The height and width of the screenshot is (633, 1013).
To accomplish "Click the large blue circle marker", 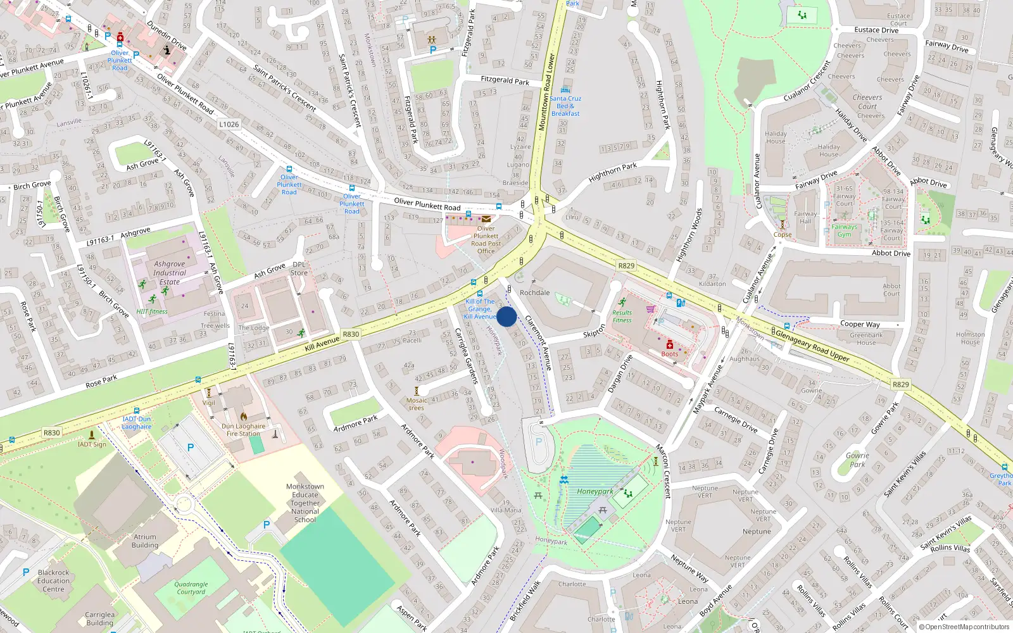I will [x=507, y=316].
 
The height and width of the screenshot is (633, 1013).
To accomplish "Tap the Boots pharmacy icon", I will [x=670, y=345].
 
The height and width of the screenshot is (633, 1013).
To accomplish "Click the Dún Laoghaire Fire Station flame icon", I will [x=244, y=417].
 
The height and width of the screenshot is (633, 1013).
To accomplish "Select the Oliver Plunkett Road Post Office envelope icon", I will [x=486, y=219].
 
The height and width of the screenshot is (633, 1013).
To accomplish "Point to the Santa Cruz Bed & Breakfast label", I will [x=565, y=106].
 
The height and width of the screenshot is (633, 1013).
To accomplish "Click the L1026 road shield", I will [x=229, y=124].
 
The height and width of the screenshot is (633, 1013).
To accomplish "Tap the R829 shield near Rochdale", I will [x=626, y=266].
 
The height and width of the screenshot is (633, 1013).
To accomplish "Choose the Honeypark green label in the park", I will [x=595, y=491].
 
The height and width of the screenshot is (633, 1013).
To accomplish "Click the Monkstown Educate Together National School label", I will [x=305, y=503].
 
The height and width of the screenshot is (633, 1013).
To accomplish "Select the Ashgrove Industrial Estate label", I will [x=170, y=273].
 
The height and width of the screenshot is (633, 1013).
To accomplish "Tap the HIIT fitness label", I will [x=152, y=311].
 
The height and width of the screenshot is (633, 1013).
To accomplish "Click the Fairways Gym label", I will [x=844, y=230].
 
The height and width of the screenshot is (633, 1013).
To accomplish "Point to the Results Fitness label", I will [x=622, y=316].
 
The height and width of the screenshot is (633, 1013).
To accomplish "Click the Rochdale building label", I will [x=534, y=292].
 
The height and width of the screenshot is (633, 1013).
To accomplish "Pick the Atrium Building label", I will [x=145, y=541].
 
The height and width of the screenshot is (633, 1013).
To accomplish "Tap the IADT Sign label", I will [x=92, y=444].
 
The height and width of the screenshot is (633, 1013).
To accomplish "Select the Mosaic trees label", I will [x=417, y=404].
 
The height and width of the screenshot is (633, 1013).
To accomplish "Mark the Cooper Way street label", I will [x=860, y=324].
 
